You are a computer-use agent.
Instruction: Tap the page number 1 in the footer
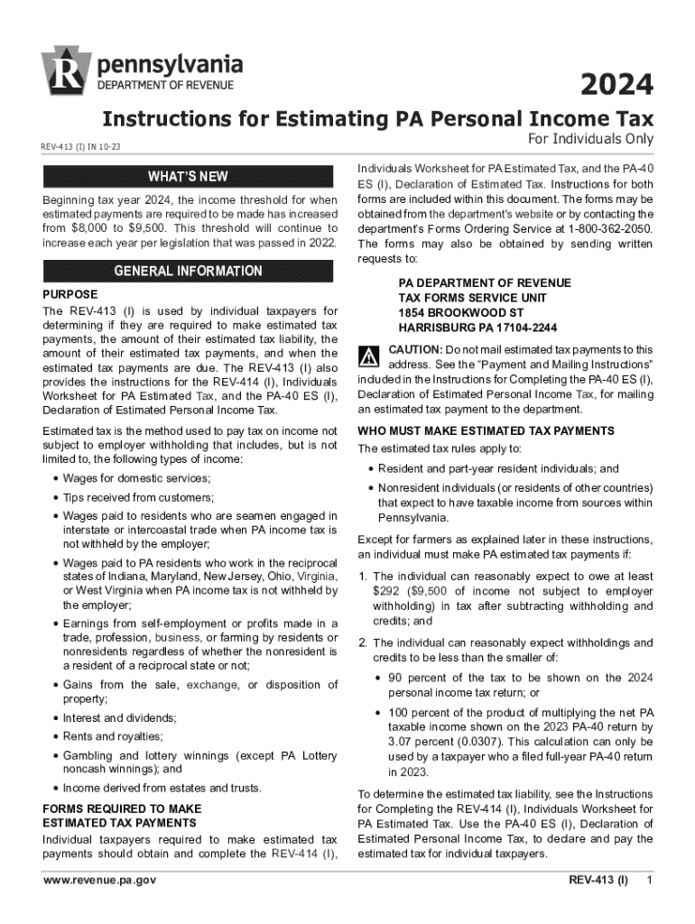point(649,880)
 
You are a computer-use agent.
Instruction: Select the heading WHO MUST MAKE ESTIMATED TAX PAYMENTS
point(486,430)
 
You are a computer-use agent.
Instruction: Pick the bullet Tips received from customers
point(137,497)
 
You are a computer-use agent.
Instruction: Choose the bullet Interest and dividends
point(119,718)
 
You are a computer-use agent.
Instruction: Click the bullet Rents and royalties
point(113,735)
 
